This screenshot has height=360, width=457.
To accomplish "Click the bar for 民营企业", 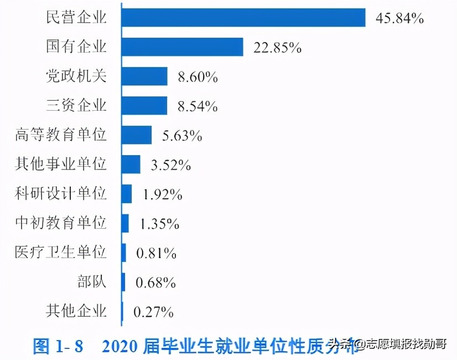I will point(243,18).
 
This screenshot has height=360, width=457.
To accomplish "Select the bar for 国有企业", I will point(183,47).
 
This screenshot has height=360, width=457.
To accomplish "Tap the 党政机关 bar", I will point(144,76).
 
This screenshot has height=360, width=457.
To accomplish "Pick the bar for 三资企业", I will point(144,105).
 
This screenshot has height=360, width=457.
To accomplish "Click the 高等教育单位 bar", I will point(137,135).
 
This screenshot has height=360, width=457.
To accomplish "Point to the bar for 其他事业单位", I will point(131,164).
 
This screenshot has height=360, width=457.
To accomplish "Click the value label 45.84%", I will point(399,18).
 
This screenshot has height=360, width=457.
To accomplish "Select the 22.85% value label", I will point(277,48).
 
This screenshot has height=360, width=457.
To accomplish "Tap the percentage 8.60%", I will point(198,77).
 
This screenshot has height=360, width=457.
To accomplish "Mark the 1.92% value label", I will point(162,194).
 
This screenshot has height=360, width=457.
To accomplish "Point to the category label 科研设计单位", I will point(60,193).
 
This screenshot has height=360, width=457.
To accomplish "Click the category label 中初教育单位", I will point(60,223).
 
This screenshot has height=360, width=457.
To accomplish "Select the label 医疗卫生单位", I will point(60,252).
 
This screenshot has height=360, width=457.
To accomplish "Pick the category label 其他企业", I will point(76,311).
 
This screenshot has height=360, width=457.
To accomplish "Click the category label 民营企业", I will point(76,17).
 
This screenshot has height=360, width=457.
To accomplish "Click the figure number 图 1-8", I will point(58,346).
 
